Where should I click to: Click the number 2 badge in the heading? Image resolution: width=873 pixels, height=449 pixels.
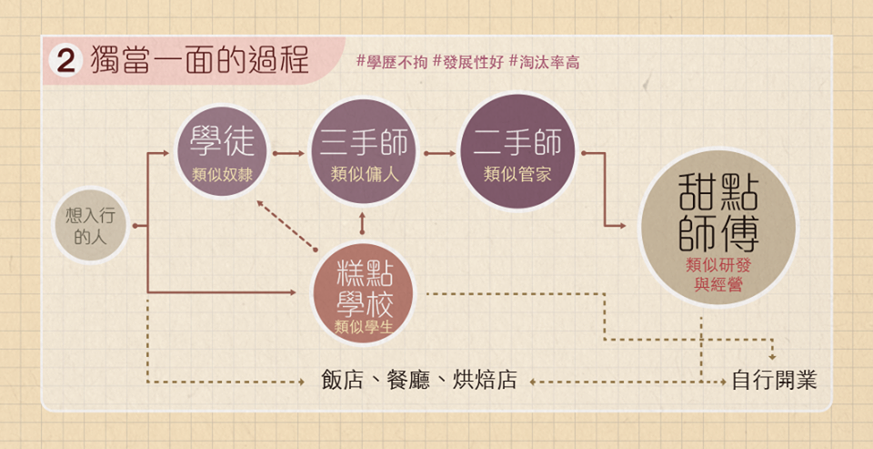(65, 61)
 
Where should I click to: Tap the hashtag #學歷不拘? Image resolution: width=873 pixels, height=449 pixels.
(392, 63)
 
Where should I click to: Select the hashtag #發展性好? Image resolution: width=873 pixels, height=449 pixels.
(468, 63)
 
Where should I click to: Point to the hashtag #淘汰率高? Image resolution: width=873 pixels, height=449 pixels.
(545, 63)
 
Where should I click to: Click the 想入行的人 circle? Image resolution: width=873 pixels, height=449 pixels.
(90, 225)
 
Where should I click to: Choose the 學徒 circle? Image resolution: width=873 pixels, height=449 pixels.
(222, 152)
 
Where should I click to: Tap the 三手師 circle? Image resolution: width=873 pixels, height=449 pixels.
(364, 152)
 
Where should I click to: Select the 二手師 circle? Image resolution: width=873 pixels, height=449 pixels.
(517, 152)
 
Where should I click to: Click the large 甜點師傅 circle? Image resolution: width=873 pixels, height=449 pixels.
(718, 228)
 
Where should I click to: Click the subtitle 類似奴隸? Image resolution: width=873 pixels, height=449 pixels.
(222, 175)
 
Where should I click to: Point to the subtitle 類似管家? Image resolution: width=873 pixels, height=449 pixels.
(517, 175)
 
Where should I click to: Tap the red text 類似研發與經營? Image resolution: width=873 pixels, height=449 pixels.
(718, 276)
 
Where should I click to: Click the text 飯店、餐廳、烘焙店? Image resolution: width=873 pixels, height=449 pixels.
(419, 381)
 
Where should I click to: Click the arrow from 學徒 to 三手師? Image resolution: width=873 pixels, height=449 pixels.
(289, 153)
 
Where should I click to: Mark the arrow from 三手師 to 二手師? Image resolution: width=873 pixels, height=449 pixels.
(440, 153)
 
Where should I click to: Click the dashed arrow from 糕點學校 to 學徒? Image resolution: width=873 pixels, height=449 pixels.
(286, 225)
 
